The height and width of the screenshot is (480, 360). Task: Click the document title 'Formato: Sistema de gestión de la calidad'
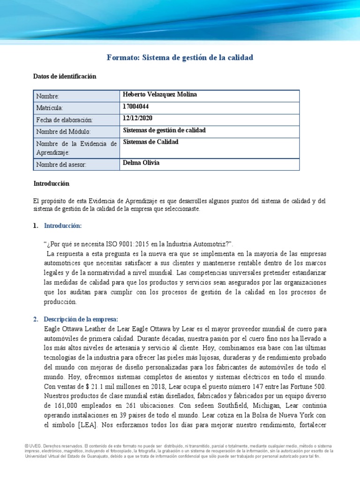pos(180,57)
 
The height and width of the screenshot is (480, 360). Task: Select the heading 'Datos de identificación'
pos(65,76)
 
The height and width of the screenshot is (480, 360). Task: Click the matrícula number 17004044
pos(136,106)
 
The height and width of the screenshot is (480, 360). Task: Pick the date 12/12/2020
pos(138,119)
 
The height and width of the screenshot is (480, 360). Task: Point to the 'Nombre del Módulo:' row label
pos(63,132)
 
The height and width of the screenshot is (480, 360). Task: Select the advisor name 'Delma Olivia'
pos(141,163)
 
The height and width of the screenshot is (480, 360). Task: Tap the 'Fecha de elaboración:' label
pos(65,120)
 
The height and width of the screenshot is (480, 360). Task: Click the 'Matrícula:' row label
pos(52,108)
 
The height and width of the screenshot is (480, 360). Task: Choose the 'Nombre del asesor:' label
pos(61,165)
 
